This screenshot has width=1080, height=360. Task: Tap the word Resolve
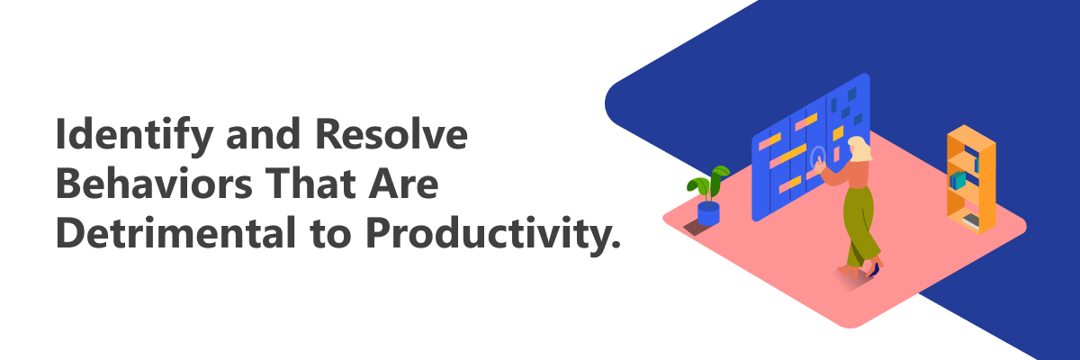point(391,133)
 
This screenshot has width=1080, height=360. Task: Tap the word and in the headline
point(263,134)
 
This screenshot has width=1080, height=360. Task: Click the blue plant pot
point(708,213)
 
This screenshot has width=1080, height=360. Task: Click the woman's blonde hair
point(860,148)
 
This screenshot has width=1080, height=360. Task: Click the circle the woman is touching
point(818,157)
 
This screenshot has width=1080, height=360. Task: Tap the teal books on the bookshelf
point(958,180)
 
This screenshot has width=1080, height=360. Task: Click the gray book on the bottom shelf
point(971,220)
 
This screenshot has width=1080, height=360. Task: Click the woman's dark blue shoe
point(873,270)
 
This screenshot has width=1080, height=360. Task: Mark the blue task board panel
point(811,148)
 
